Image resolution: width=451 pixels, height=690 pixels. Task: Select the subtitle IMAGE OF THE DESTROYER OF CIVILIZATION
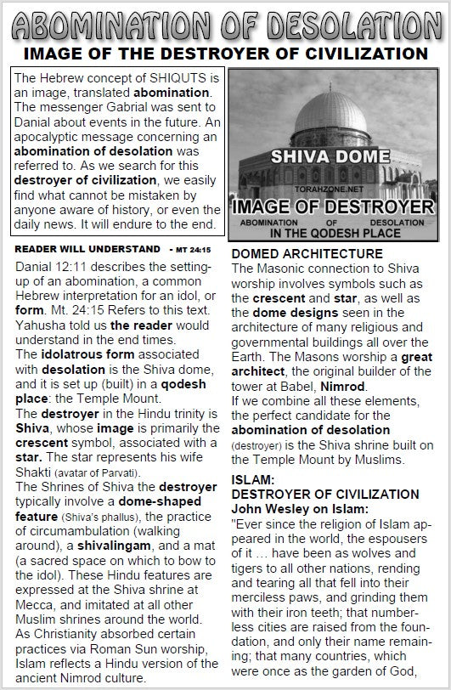225,54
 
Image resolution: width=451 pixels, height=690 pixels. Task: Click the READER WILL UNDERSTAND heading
87,249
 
